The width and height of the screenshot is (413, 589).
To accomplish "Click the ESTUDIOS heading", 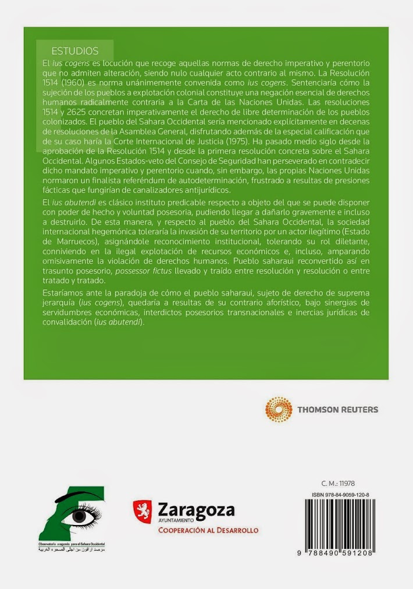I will [75, 51].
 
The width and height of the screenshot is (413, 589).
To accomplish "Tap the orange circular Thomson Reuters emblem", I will [279, 409].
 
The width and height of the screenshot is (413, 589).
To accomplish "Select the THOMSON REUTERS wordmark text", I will [337, 410].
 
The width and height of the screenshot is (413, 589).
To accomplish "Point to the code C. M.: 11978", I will [338, 484].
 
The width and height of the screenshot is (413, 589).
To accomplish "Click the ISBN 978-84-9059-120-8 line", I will [340, 494].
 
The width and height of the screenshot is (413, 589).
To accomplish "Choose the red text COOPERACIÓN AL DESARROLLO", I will [208, 530].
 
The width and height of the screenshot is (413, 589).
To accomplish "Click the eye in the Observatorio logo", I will [79, 516].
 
